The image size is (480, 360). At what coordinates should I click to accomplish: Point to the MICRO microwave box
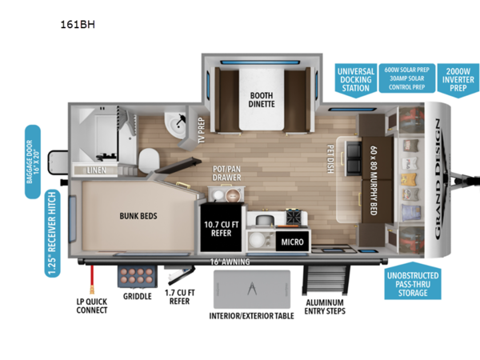point(290,241)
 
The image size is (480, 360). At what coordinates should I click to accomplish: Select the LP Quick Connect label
point(90,307)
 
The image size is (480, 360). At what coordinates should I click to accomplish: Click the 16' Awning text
point(230,262)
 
